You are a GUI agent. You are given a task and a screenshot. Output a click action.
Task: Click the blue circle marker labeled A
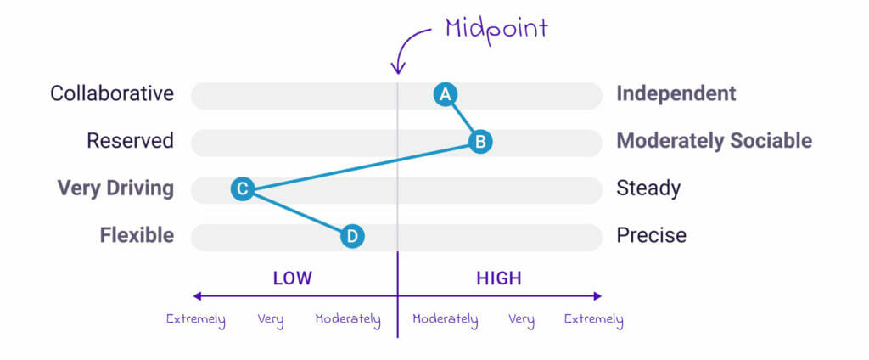coord(445,95)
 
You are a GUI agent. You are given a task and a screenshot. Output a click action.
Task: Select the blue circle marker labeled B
coord(480,142)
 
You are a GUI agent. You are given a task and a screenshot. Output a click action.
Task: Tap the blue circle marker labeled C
coord(242,189)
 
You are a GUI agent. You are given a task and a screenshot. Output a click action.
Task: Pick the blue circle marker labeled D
coord(352,236)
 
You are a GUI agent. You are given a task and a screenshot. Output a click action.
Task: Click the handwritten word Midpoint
coord(496,29)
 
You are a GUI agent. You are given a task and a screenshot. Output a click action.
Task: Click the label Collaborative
coord(112,93)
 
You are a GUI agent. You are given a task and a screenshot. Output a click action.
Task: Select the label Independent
coord(676,93)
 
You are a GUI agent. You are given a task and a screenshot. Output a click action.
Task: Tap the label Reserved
coord(130,141)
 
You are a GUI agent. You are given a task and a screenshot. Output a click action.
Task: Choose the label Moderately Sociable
coord(715,141)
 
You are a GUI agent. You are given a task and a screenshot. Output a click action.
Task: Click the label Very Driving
coord(115,188)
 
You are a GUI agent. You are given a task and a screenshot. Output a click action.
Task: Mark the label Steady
coord(648,188)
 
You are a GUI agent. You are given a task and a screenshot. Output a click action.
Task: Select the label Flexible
coord(137,236)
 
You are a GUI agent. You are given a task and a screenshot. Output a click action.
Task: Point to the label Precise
coord(651,236)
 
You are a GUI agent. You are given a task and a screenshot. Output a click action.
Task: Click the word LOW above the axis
coord(293,278)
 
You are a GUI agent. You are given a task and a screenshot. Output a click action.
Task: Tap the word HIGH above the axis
coord(499,278)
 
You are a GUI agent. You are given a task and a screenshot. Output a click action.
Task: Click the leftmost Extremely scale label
coord(196,320)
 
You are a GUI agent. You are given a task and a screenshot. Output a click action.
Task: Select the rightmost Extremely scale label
coord(593,320)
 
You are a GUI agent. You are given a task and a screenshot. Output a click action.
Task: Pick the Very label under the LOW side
coord(271,320)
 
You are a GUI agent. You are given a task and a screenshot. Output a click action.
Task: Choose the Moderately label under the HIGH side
coord(445,319)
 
